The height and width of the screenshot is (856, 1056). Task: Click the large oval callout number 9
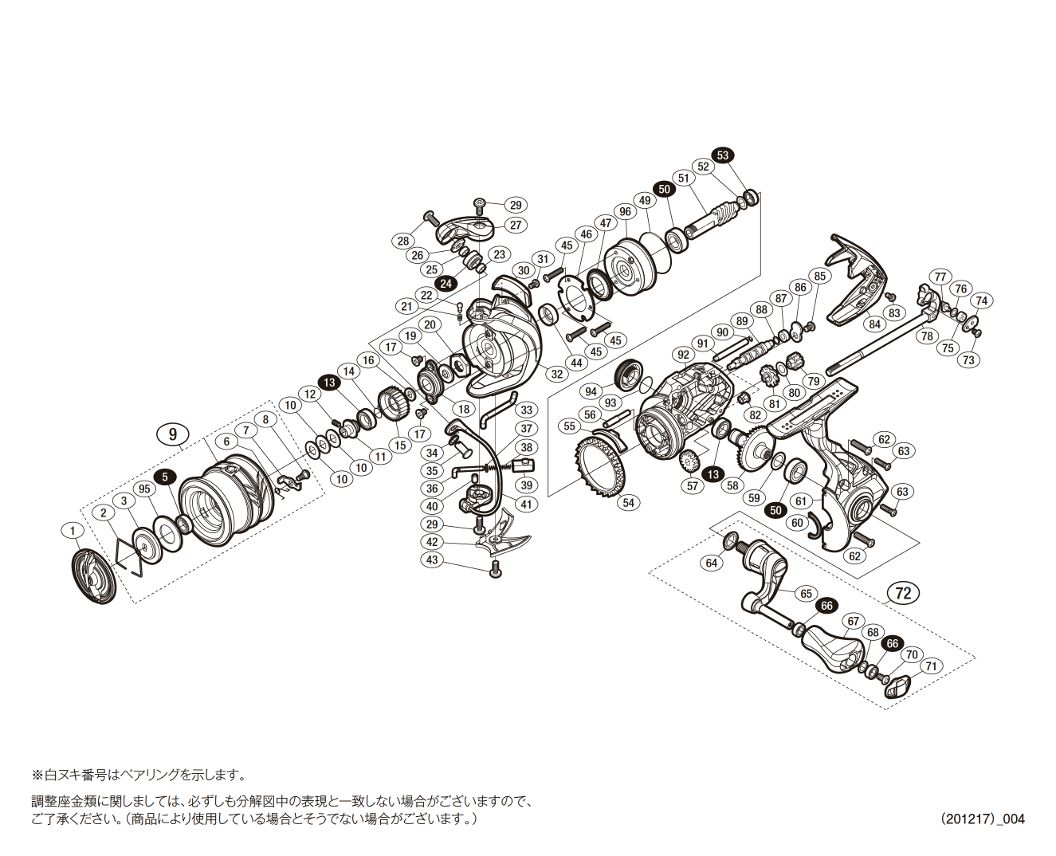pyautogui.click(x=173, y=434)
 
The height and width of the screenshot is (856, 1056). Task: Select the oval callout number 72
pyautogui.click(x=902, y=593)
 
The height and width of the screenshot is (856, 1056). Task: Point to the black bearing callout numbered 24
pyautogui.click(x=445, y=282)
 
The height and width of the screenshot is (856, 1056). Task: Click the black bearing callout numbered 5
pyautogui.click(x=165, y=477)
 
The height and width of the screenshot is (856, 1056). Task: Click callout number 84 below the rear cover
pyautogui.click(x=875, y=324)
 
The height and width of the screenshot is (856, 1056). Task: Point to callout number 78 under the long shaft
pyautogui.click(x=927, y=336)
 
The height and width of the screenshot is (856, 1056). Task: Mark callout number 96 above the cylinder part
pyautogui.click(x=625, y=212)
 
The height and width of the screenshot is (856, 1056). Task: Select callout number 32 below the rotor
pyautogui.click(x=556, y=373)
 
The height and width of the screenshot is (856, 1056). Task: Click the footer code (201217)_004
pyautogui.click(x=982, y=819)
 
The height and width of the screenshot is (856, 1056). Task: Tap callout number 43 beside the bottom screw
pyautogui.click(x=432, y=560)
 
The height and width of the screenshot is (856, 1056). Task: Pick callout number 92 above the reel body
pyautogui.click(x=683, y=355)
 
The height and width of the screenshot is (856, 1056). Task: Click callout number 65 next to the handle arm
pyautogui.click(x=806, y=594)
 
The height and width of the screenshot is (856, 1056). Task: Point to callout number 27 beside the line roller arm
pyautogui.click(x=516, y=225)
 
